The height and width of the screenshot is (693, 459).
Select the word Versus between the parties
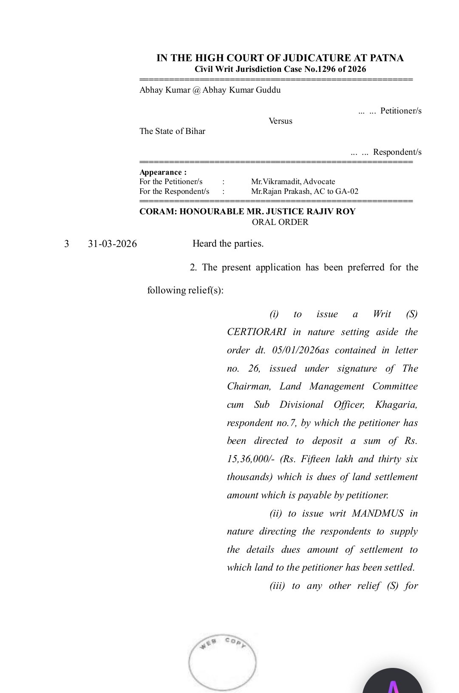click(x=280, y=121)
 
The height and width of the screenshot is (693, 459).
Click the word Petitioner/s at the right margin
click(x=401, y=111)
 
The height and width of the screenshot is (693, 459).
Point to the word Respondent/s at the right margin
click(x=397, y=152)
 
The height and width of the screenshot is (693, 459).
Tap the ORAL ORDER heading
click(x=280, y=222)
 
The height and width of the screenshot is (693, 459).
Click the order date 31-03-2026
click(x=112, y=244)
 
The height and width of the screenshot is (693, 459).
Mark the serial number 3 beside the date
click(x=66, y=244)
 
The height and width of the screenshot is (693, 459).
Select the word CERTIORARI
click(x=256, y=332)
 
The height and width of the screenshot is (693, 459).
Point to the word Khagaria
click(x=396, y=405)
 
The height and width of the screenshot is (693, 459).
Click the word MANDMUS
click(x=377, y=514)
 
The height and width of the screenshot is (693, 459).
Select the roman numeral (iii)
click(x=277, y=586)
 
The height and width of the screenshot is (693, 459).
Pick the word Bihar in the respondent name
click(x=195, y=131)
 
